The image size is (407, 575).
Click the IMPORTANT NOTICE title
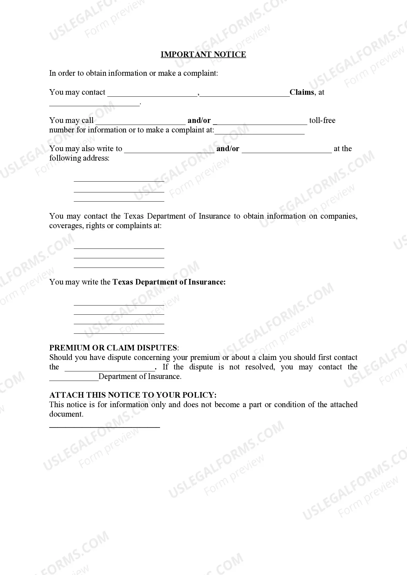[x=203, y=54]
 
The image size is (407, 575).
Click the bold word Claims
[x=302, y=92]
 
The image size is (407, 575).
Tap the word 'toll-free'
[x=322, y=121]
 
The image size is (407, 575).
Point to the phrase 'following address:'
[x=79, y=158]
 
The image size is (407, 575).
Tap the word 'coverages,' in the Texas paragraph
[x=66, y=226]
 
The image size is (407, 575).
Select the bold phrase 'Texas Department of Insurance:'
[x=169, y=282]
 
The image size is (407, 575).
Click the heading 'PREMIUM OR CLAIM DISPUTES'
[x=113, y=348]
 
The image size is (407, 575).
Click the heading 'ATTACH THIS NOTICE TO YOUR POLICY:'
[x=133, y=395]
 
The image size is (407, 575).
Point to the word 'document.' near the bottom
[x=66, y=414]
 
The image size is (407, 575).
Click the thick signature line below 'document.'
[x=104, y=427]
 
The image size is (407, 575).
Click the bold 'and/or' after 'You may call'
[x=199, y=121]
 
